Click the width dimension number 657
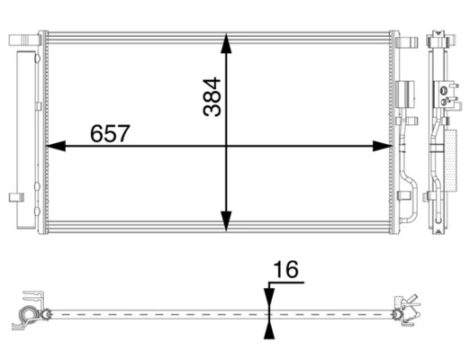110,133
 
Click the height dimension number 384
212,97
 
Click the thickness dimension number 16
286,269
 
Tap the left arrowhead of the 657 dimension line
56,146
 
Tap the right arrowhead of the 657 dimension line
382,146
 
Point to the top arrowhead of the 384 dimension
226,43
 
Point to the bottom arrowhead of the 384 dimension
226,221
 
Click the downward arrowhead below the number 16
269,298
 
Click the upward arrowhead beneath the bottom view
269,329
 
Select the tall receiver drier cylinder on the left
26,139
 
